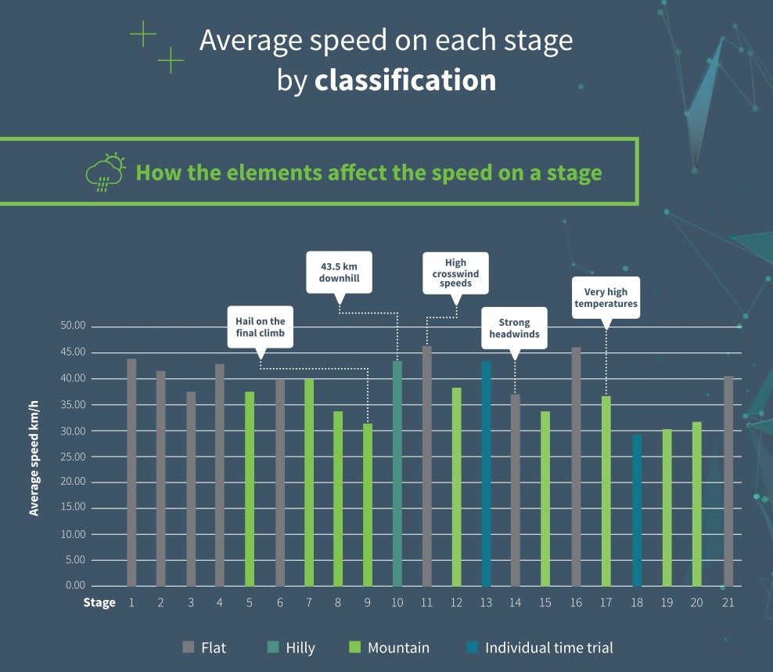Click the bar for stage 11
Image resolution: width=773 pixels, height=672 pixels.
427,466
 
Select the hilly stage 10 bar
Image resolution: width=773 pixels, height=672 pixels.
397,473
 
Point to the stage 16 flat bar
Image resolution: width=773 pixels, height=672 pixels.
577,467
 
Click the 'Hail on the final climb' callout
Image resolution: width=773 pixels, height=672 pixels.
261,327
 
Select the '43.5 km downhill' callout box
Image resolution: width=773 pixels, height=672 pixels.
339,272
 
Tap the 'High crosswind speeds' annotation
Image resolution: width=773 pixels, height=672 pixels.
455,273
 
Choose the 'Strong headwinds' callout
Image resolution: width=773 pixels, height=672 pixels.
514,328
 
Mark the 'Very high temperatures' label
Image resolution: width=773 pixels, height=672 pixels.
606,298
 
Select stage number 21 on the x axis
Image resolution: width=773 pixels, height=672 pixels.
728,602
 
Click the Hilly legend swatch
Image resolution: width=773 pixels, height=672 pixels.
273,648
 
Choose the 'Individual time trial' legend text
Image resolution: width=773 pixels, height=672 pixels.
549,648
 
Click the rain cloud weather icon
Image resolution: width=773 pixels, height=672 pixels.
105,172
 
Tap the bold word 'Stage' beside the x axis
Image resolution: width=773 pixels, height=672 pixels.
99,602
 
